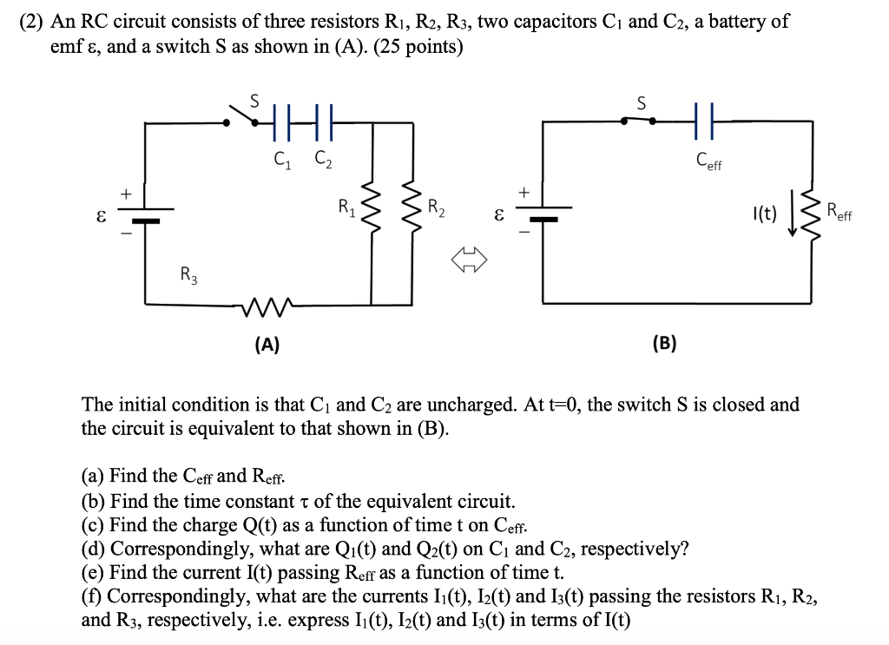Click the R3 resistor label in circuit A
point(187,277)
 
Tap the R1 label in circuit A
point(346,207)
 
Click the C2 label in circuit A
point(322,160)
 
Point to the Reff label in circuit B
point(839,210)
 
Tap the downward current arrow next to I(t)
point(792,214)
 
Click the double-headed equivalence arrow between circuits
point(470,258)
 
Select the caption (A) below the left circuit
point(267,345)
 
